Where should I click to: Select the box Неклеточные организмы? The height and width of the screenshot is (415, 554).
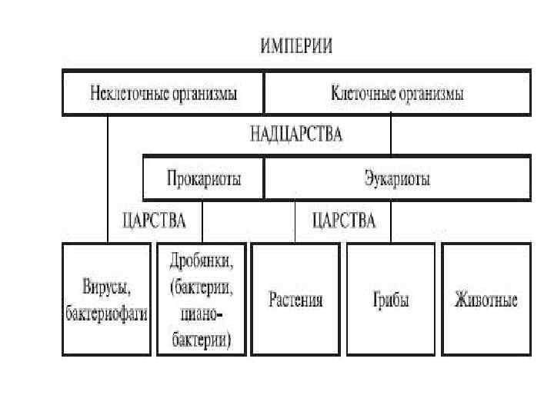click(x=163, y=94)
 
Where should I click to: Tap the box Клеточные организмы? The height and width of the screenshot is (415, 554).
click(x=397, y=94)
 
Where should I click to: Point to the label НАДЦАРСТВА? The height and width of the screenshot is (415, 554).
click(x=296, y=135)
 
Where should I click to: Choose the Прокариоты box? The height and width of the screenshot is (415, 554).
click(x=204, y=179)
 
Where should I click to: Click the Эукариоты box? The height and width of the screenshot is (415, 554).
click(x=397, y=179)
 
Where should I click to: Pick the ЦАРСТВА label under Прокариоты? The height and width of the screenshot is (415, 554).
click(x=154, y=221)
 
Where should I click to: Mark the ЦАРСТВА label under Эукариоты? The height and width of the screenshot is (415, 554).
click(x=344, y=221)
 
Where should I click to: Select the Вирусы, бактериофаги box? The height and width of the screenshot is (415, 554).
click(x=106, y=300)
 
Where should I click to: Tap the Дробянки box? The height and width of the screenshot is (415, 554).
click(x=202, y=300)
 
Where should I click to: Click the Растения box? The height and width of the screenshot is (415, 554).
click(x=296, y=300)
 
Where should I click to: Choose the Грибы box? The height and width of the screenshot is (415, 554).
click(x=391, y=300)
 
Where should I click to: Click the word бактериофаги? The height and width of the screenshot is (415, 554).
click(x=106, y=314)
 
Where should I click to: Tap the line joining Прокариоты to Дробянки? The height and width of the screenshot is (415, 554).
click(x=202, y=221)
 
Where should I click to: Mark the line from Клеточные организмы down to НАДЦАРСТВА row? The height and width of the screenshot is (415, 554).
click(x=391, y=134)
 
